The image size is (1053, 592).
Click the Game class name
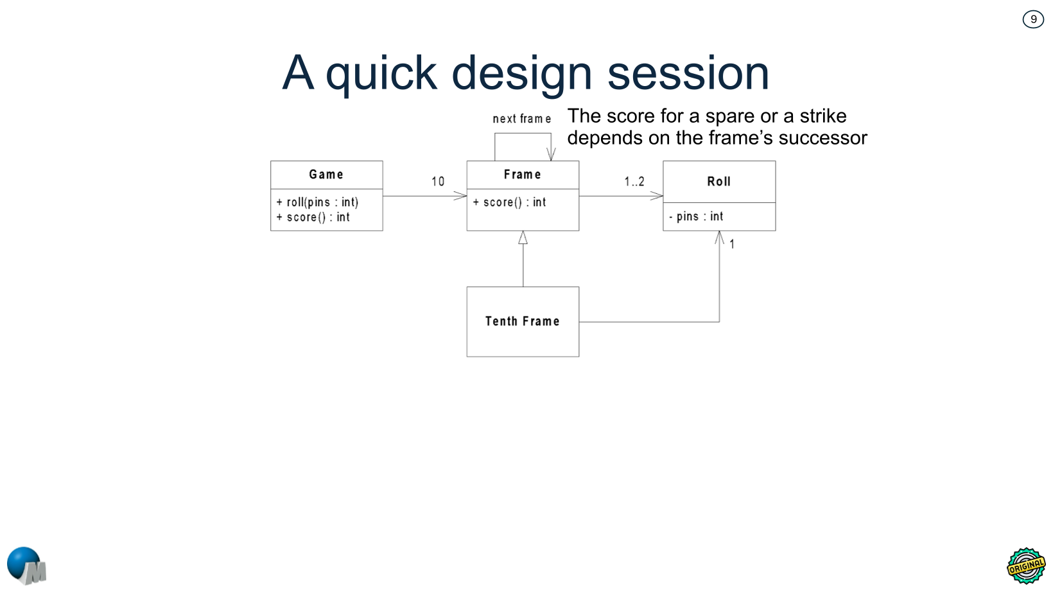pyautogui.click(x=326, y=175)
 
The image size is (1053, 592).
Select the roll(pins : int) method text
pyautogui.click(x=317, y=202)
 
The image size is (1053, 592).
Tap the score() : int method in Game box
pyautogui.click(x=313, y=218)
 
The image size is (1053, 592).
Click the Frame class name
pyautogui.click(x=522, y=175)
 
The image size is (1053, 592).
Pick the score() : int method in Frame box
pyautogui.click(x=510, y=202)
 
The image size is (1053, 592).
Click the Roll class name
pyautogui.click(x=718, y=182)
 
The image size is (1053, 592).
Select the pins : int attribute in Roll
pyautogui.click(x=696, y=217)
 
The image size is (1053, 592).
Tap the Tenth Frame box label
pyautogui.click(x=522, y=321)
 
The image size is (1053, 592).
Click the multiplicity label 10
pyautogui.click(x=438, y=182)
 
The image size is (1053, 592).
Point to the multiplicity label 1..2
pyautogui.click(x=634, y=182)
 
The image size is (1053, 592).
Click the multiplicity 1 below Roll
pyautogui.click(x=732, y=245)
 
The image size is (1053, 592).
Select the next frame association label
pyautogui.click(x=521, y=119)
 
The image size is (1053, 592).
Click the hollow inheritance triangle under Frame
pyautogui.click(x=523, y=238)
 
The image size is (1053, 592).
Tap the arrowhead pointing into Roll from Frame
pyautogui.click(x=657, y=196)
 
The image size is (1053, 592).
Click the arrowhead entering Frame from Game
pyautogui.click(x=460, y=196)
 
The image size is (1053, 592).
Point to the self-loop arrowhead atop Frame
pyautogui.click(x=551, y=154)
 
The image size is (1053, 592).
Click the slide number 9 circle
pyautogui.click(x=1032, y=19)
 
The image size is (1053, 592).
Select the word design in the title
pyautogui.click(x=521, y=73)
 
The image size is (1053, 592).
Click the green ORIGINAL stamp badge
pyautogui.click(x=1025, y=566)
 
